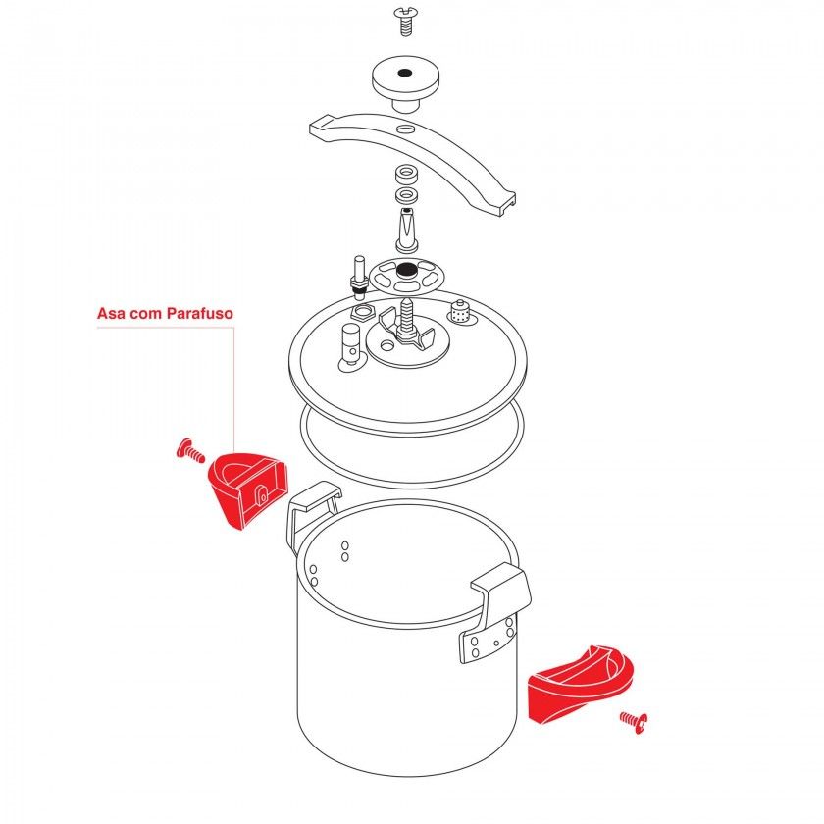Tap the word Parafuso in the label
200,315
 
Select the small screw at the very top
405,19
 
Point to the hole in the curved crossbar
405,130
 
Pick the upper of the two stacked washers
404,176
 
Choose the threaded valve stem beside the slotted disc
360,274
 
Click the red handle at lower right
579,683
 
